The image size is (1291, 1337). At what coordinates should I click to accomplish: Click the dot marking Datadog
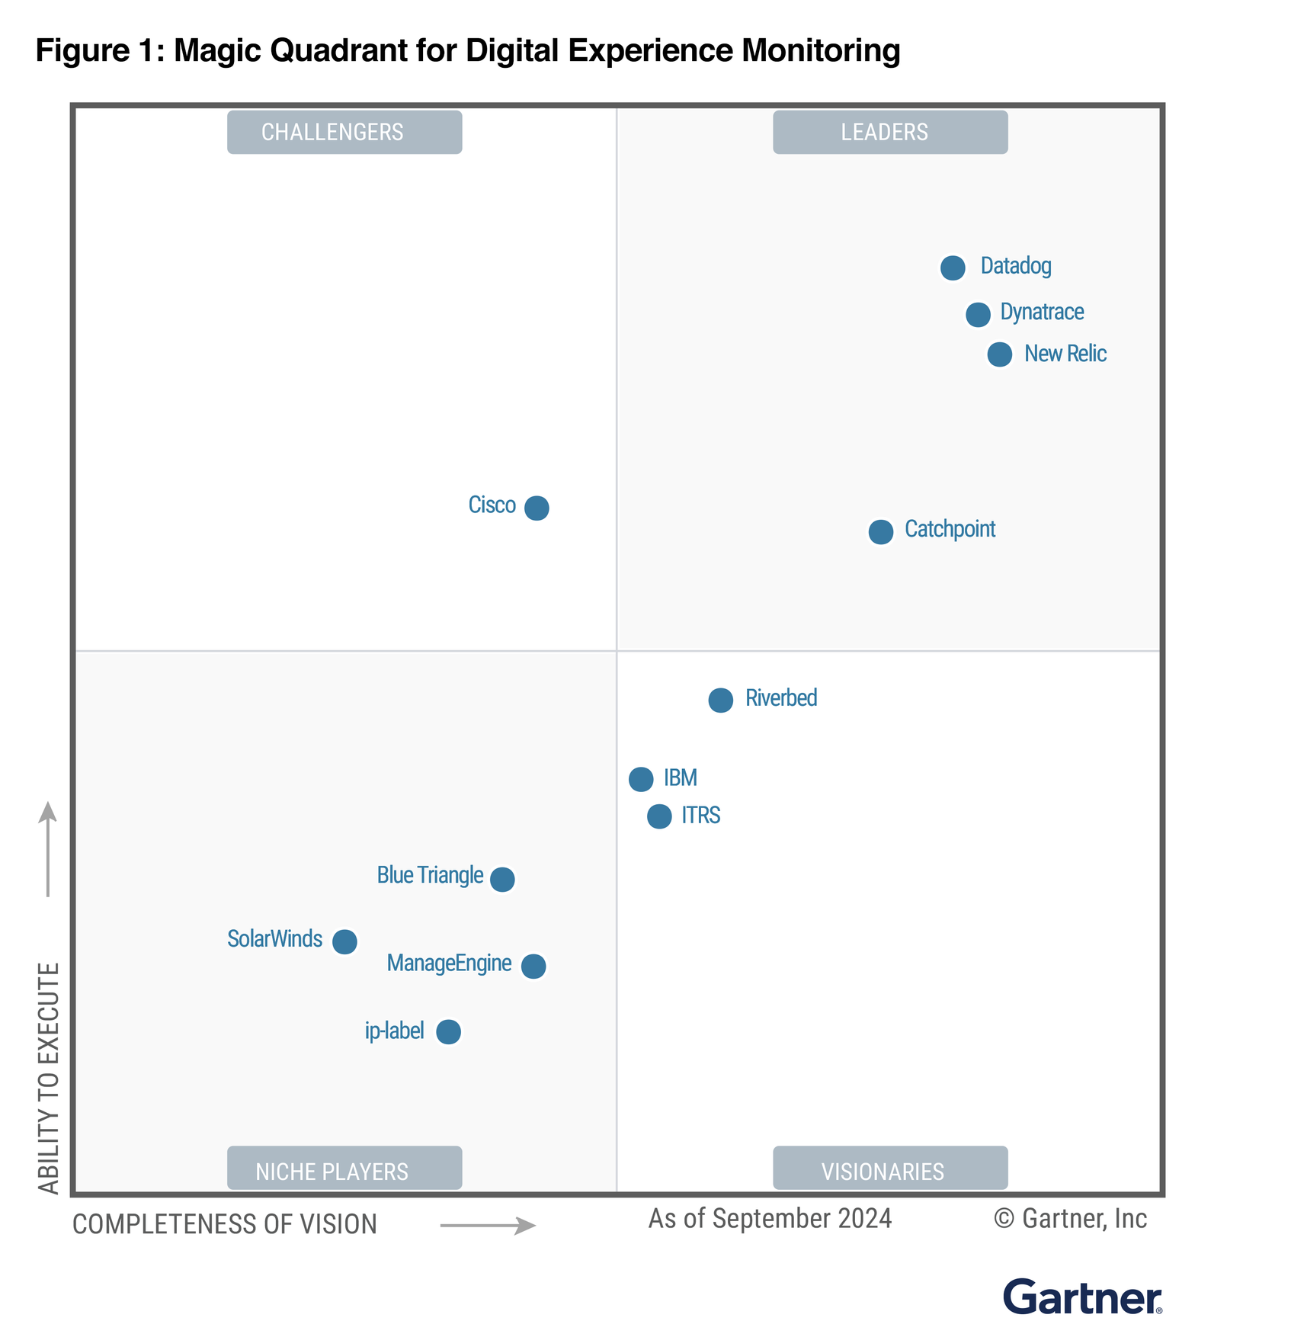coord(952,268)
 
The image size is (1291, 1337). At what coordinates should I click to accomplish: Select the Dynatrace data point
coord(978,314)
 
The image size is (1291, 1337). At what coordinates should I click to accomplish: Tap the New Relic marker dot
coord(999,354)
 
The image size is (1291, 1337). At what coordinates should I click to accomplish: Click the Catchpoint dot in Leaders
coord(880,531)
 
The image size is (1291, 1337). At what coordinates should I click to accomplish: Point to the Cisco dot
coord(537,508)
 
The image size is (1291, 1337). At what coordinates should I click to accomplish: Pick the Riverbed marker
coord(720,700)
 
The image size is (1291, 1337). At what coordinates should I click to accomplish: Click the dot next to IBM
coord(641,779)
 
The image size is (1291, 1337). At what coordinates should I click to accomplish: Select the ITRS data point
coord(659,816)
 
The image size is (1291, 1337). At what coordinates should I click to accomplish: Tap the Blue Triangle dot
coord(502,879)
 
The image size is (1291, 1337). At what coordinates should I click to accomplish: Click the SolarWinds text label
coord(274,939)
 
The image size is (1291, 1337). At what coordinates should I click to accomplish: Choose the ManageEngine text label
coord(449,963)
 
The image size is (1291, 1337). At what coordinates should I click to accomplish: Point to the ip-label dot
coord(448,1031)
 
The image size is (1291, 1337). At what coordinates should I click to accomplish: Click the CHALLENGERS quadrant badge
coord(344,132)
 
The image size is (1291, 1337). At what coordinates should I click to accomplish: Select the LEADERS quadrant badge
coord(889,132)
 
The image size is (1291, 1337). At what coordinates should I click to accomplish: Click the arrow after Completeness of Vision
coord(488,1225)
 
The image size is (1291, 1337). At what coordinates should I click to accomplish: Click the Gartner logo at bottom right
coord(1081,1297)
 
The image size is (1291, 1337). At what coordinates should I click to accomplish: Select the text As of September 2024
coord(770,1219)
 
